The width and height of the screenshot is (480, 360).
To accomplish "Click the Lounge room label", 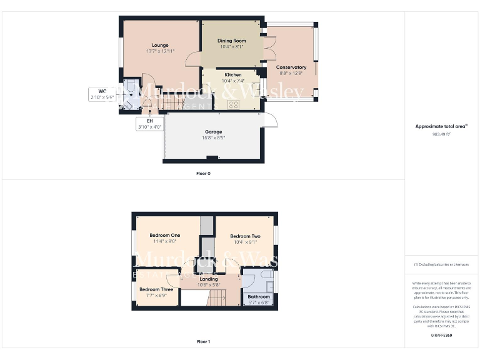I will (160, 45).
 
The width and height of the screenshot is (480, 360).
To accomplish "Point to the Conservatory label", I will (291, 67).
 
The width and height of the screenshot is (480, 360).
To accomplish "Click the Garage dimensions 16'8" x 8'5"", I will (213, 138).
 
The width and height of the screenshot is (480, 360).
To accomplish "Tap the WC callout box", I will (98, 94).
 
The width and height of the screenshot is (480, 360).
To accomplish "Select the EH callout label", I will (150, 124).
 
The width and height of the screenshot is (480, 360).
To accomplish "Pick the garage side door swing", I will (269, 120).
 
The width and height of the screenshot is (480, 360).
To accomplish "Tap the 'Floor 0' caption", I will (203, 173).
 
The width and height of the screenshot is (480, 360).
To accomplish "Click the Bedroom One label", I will (164, 235).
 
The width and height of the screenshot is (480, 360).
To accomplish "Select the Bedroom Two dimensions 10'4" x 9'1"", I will (245, 242).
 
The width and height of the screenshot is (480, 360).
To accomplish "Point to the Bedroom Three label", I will (156, 289).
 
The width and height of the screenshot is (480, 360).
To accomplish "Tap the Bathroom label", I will (258, 296).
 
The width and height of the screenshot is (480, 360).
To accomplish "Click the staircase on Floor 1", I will (216, 300).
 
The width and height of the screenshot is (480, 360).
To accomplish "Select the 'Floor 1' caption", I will (203, 342).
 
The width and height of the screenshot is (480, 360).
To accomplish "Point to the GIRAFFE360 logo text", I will (441, 336).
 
